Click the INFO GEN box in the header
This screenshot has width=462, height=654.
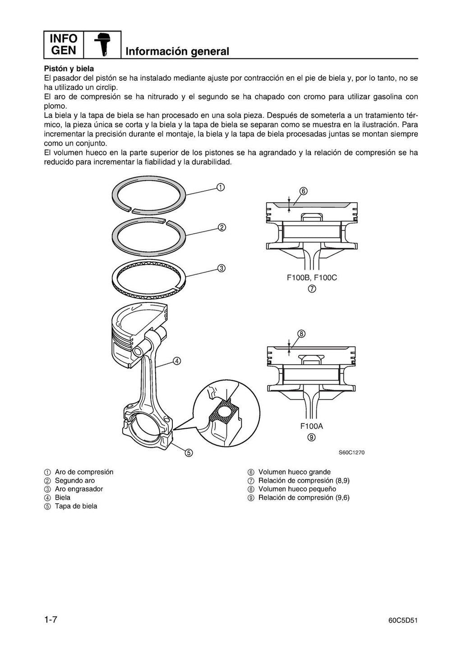pos(64,44)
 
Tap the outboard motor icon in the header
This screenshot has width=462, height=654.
pos(102,45)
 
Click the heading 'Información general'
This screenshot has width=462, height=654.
pos(177,51)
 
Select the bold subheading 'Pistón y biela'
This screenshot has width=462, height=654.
pos(69,69)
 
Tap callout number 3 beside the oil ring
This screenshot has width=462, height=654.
pos(222,268)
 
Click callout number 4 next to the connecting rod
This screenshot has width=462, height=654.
pos(177,361)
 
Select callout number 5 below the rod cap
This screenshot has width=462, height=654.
pos(189,452)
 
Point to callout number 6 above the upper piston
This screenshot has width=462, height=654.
pos(303,191)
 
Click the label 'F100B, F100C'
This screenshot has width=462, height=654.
pos(312,278)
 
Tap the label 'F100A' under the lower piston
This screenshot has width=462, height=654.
pos(312,426)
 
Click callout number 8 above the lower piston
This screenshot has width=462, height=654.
pos(301,334)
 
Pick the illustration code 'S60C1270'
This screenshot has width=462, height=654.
pos(351,453)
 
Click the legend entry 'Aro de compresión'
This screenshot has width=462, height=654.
pos(84,472)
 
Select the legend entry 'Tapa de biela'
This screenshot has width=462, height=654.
pos(76,506)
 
